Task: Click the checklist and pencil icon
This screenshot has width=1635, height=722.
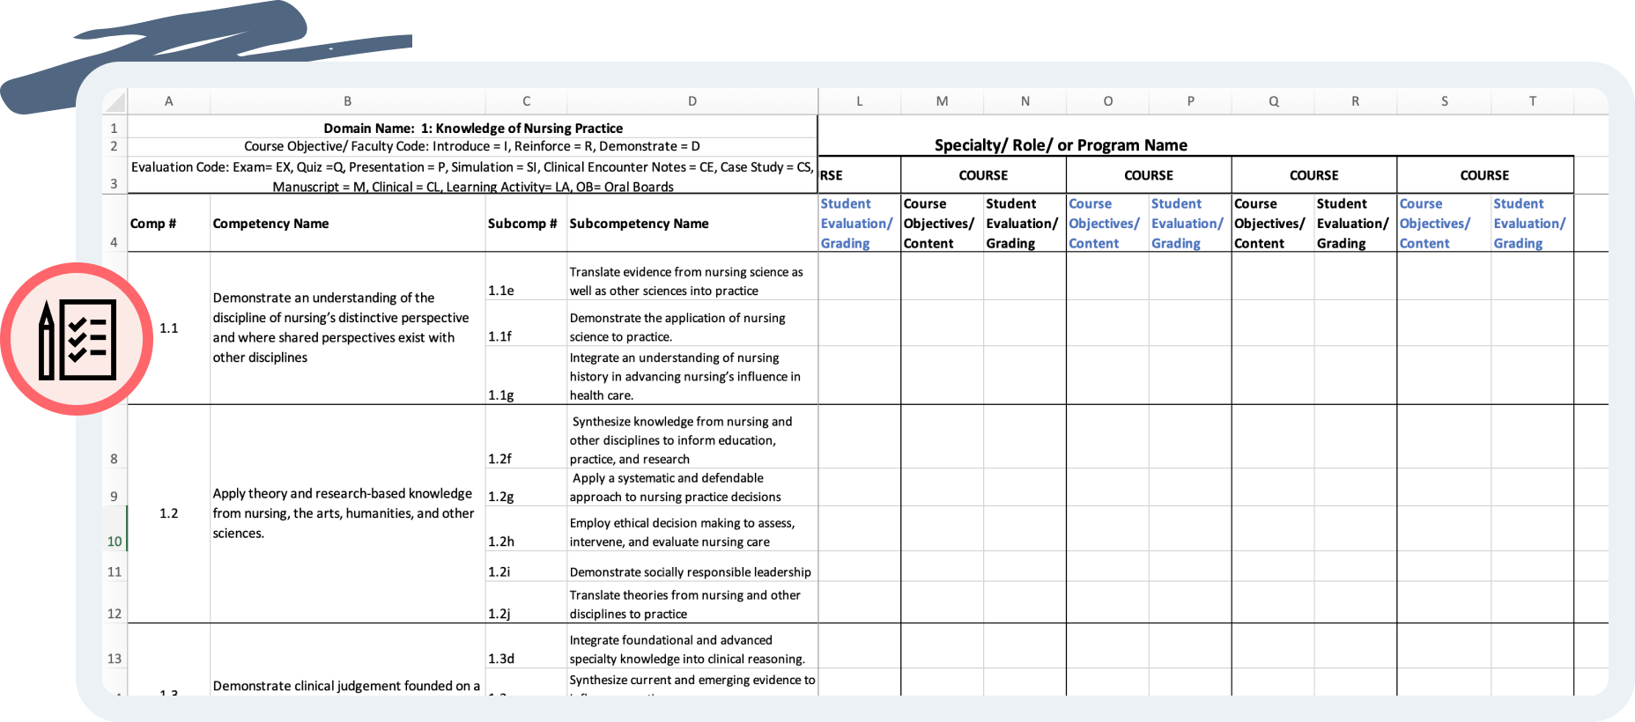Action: pyautogui.click(x=78, y=339)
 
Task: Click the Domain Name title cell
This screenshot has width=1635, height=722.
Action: pyautogui.click(x=473, y=129)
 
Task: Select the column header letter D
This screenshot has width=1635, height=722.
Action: pyautogui.click(x=692, y=101)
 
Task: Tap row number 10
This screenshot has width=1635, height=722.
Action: pyautogui.click(x=115, y=541)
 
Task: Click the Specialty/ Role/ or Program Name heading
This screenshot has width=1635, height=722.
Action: pyautogui.click(x=1061, y=145)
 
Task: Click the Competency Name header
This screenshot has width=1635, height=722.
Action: pyautogui.click(x=270, y=224)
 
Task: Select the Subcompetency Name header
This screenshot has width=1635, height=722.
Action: pyautogui.click(x=639, y=224)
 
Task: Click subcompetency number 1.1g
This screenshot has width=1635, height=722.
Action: pyautogui.click(x=501, y=395)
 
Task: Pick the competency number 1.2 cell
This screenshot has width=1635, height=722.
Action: pyautogui.click(x=169, y=513)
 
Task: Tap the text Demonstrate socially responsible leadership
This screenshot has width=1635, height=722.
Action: pyautogui.click(x=690, y=572)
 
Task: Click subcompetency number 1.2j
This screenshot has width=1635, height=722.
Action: pyautogui.click(x=499, y=614)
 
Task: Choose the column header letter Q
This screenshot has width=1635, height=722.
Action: pyautogui.click(x=1274, y=101)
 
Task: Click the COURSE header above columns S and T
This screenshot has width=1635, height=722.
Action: pyautogui.click(x=1484, y=175)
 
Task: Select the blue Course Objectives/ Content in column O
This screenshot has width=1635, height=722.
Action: pyautogui.click(x=1104, y=224)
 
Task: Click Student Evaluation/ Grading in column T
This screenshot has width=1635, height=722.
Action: pyautogui.click(x=1529, y=224)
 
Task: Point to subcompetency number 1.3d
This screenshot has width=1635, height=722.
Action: pyautogui.click(x=501, y=659)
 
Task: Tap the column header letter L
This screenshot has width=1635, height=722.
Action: pyautogui.click(x=860, y=101)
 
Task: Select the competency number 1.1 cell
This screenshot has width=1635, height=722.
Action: pyautogui.click(x=169, y=328)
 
